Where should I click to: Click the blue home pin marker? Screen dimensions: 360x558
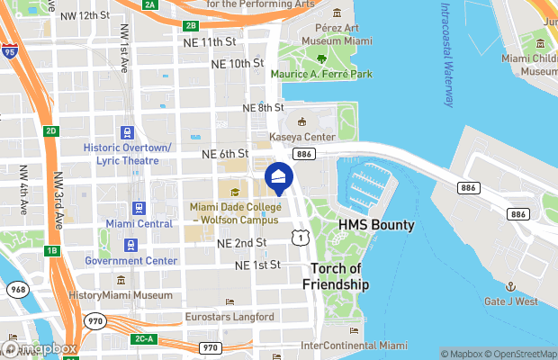pos(278,177)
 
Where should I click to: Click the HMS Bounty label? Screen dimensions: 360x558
pos(376,224)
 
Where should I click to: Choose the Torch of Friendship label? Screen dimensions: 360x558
pos(340,276)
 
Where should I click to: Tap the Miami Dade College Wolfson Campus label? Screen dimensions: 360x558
pos(236,213)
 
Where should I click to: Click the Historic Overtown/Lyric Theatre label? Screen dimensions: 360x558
pos(127,153)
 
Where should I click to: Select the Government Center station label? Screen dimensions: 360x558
pos(126,261)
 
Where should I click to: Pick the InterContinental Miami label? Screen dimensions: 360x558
pos(354,346)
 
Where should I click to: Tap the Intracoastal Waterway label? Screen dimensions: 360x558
pos(445,54)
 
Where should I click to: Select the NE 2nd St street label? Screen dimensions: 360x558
pos(241,243)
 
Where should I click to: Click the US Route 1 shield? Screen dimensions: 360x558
pos(297,236)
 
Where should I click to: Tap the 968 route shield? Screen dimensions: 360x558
pos(16,290)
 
